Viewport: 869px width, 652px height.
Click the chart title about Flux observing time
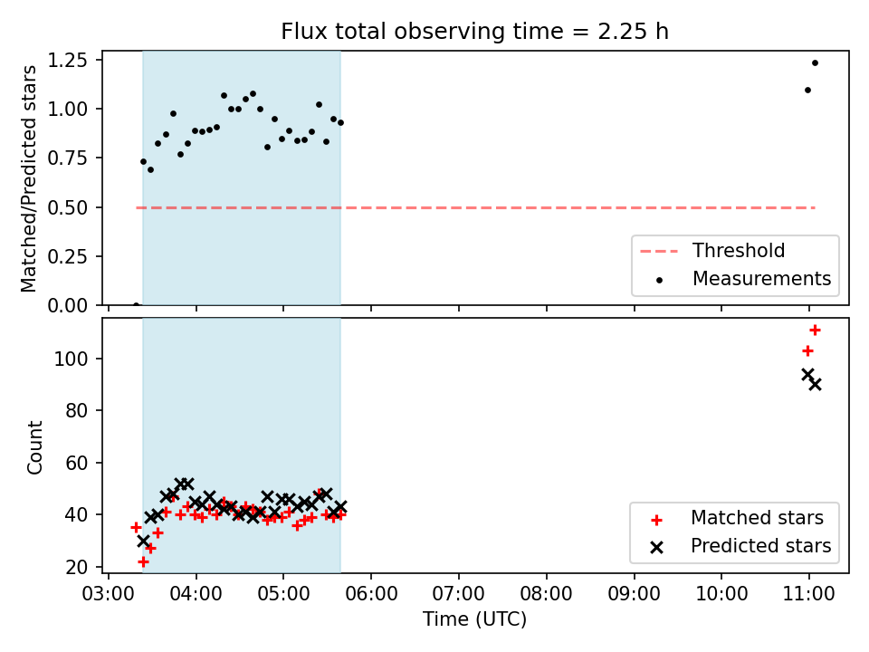click(474, 31)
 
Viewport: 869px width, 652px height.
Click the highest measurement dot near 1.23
click(815, 63)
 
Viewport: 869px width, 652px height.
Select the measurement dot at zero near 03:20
click(136, 304)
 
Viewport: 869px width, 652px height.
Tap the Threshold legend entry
click(712, 251)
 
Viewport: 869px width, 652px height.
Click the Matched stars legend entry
click(737, 518)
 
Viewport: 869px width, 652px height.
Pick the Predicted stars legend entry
click(740, 546)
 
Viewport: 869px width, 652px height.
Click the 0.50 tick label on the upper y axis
click(68, 207)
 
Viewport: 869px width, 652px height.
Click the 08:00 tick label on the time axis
click(546, 594)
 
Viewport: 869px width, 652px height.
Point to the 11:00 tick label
click(808, 594)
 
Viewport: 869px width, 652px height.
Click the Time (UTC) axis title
click(474, 618)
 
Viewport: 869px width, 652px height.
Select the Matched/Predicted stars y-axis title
click(29, 178)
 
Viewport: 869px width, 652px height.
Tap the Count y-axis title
click(34, 446)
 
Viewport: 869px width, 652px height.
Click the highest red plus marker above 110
click(815, 331)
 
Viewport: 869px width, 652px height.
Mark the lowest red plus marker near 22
click(143, 562)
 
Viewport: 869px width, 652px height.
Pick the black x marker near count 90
click(815, 385)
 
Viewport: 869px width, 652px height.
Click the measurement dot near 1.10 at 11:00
click(807, 91)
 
